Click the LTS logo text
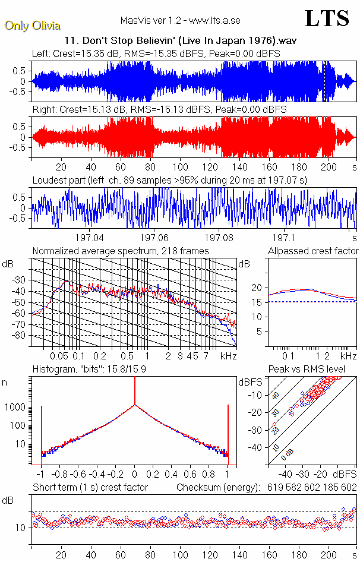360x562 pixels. point(327,18)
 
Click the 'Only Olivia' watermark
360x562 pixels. point(33,26)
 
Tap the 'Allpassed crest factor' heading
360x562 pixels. point(313,251)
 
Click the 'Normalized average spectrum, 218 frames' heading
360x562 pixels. point(121,251)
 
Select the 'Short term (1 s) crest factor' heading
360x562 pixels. point(90,488)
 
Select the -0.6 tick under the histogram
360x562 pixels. point(78,475)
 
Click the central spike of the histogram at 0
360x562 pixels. point(135,416)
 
